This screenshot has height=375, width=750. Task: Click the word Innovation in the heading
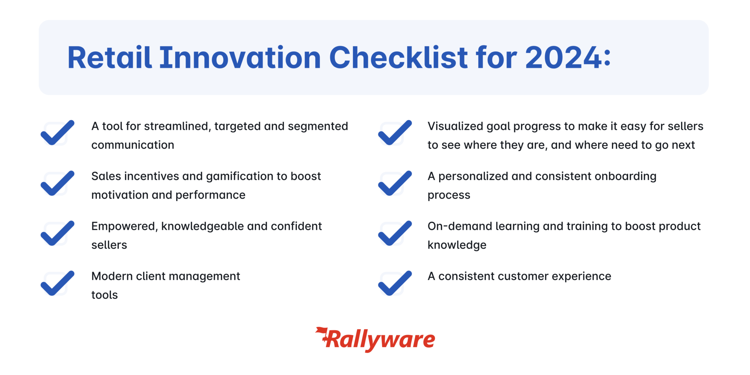(240, 58)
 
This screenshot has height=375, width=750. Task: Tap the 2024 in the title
(563, 58)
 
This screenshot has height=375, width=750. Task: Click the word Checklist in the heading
(398, 58)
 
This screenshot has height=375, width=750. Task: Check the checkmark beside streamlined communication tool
(57, 133)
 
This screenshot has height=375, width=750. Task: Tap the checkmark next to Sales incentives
(57, 183)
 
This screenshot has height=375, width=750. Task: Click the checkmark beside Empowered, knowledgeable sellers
(57, 233)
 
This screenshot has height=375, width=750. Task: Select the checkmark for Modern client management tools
(57, 283)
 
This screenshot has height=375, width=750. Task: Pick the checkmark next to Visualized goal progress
(395, 133)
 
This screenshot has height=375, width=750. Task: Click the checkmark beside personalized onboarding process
(395, 183)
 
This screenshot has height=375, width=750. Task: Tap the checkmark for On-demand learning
(395, 233)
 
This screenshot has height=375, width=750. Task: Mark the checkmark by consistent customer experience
(395, 283)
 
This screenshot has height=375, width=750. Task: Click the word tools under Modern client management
(104, 295)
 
